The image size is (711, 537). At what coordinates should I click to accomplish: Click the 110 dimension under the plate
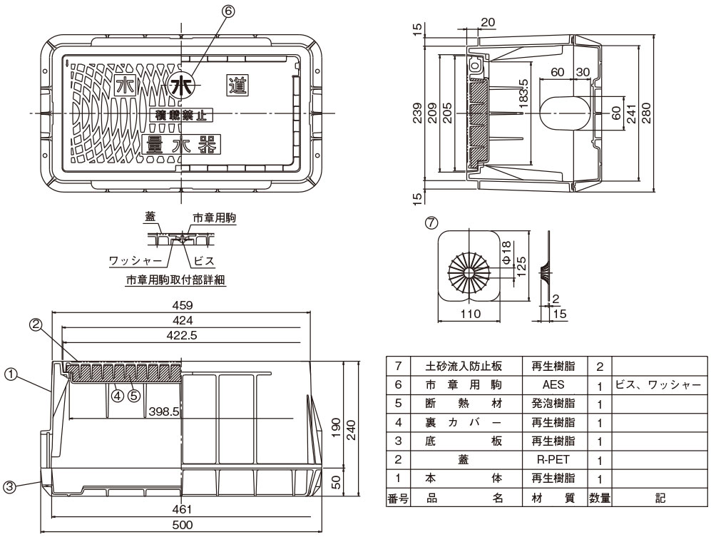pyautogui.click(x=468, y=313)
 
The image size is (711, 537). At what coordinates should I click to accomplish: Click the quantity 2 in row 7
pyautogui.click(x=600, y=367)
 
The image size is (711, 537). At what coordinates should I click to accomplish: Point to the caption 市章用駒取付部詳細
pyautogui.click(x=175, y=280)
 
